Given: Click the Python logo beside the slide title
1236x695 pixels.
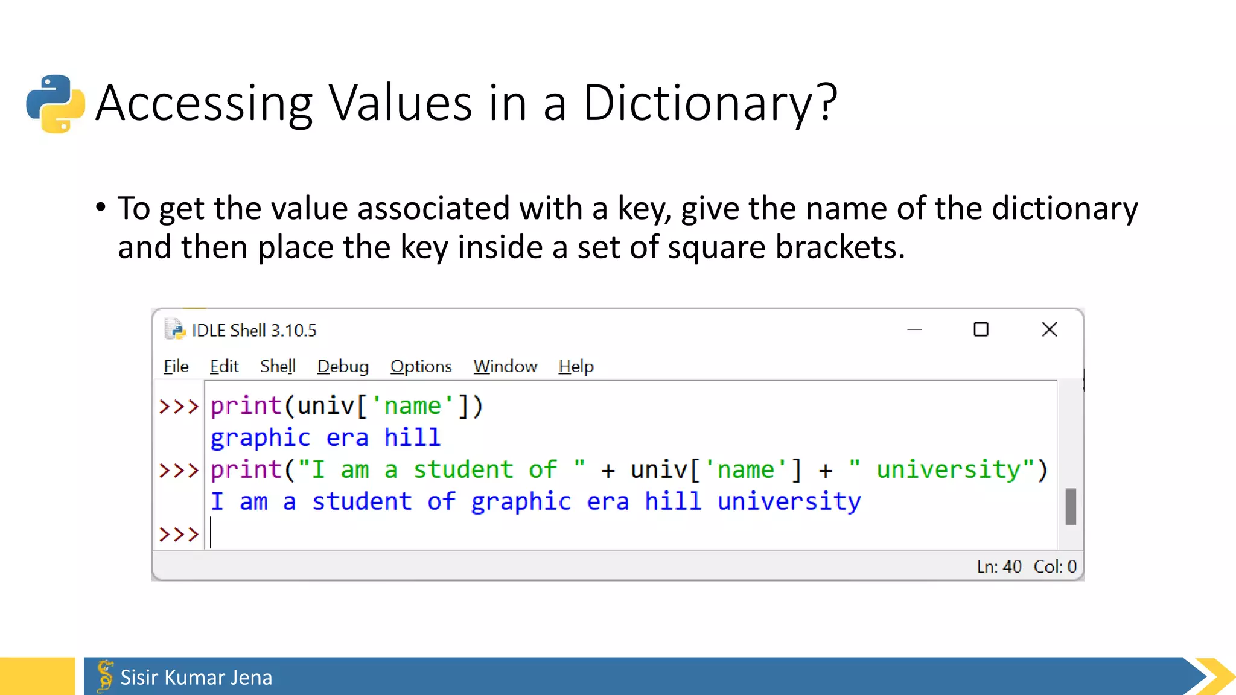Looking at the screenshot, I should pos(56,104).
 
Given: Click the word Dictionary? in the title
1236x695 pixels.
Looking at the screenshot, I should pos(710,103).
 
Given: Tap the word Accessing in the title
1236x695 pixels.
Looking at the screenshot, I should pos(204,103).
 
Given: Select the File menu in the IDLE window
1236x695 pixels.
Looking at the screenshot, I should pos(176,367).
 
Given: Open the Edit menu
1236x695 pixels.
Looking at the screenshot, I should pos(224,367).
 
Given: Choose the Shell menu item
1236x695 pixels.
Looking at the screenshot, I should pos(278,367).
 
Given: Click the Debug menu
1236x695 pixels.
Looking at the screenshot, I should pos(343,367).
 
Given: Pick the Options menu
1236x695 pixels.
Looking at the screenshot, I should pos(421,367).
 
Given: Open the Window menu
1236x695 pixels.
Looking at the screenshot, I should pos(505,367).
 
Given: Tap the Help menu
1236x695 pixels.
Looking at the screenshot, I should pos(576,367).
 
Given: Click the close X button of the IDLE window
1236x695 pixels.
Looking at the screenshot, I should pos(1050,329).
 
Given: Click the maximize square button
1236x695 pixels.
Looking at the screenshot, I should pos(981,329).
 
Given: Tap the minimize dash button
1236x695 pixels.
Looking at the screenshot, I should pos(914,329).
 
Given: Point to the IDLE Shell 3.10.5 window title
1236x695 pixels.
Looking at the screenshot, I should pos(253,331).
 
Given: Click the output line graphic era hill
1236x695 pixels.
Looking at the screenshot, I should pos(325,438).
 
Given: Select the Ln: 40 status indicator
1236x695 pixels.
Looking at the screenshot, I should pos(999,566).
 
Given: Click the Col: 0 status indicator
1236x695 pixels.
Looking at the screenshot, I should pos(1055,566).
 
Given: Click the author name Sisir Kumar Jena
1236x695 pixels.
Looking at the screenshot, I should pos(196,678).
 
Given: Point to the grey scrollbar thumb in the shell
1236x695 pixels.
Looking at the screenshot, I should pos(1071,507).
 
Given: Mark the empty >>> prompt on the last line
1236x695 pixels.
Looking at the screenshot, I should pos(179,534).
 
